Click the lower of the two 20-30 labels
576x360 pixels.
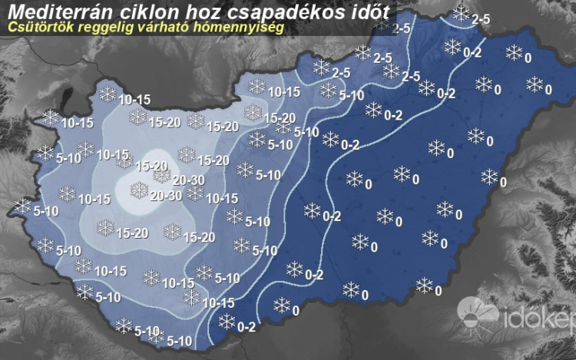coord(167,195)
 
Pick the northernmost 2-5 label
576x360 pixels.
coord(481,18)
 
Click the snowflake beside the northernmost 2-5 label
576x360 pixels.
coord(461,12)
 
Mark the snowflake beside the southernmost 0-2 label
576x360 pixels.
coord(227,321)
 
